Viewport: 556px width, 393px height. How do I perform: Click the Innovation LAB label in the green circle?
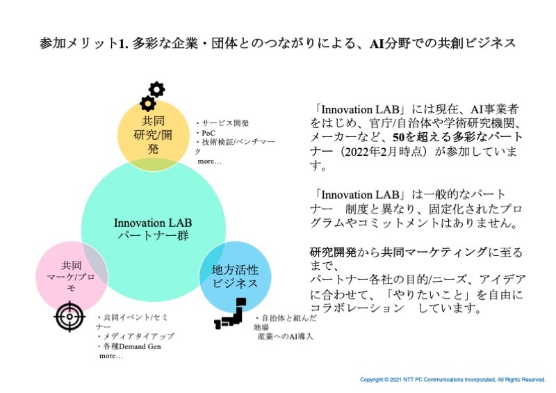[x=153, y=222]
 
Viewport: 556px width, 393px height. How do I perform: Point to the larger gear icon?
[x=157, y=89]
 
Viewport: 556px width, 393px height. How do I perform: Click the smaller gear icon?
[x=147, y=104]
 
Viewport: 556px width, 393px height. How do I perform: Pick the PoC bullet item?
[x=206, y=131]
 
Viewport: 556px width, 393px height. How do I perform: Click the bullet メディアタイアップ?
[x=136, y=336]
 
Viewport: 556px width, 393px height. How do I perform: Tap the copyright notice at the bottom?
[x=452, y=380]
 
